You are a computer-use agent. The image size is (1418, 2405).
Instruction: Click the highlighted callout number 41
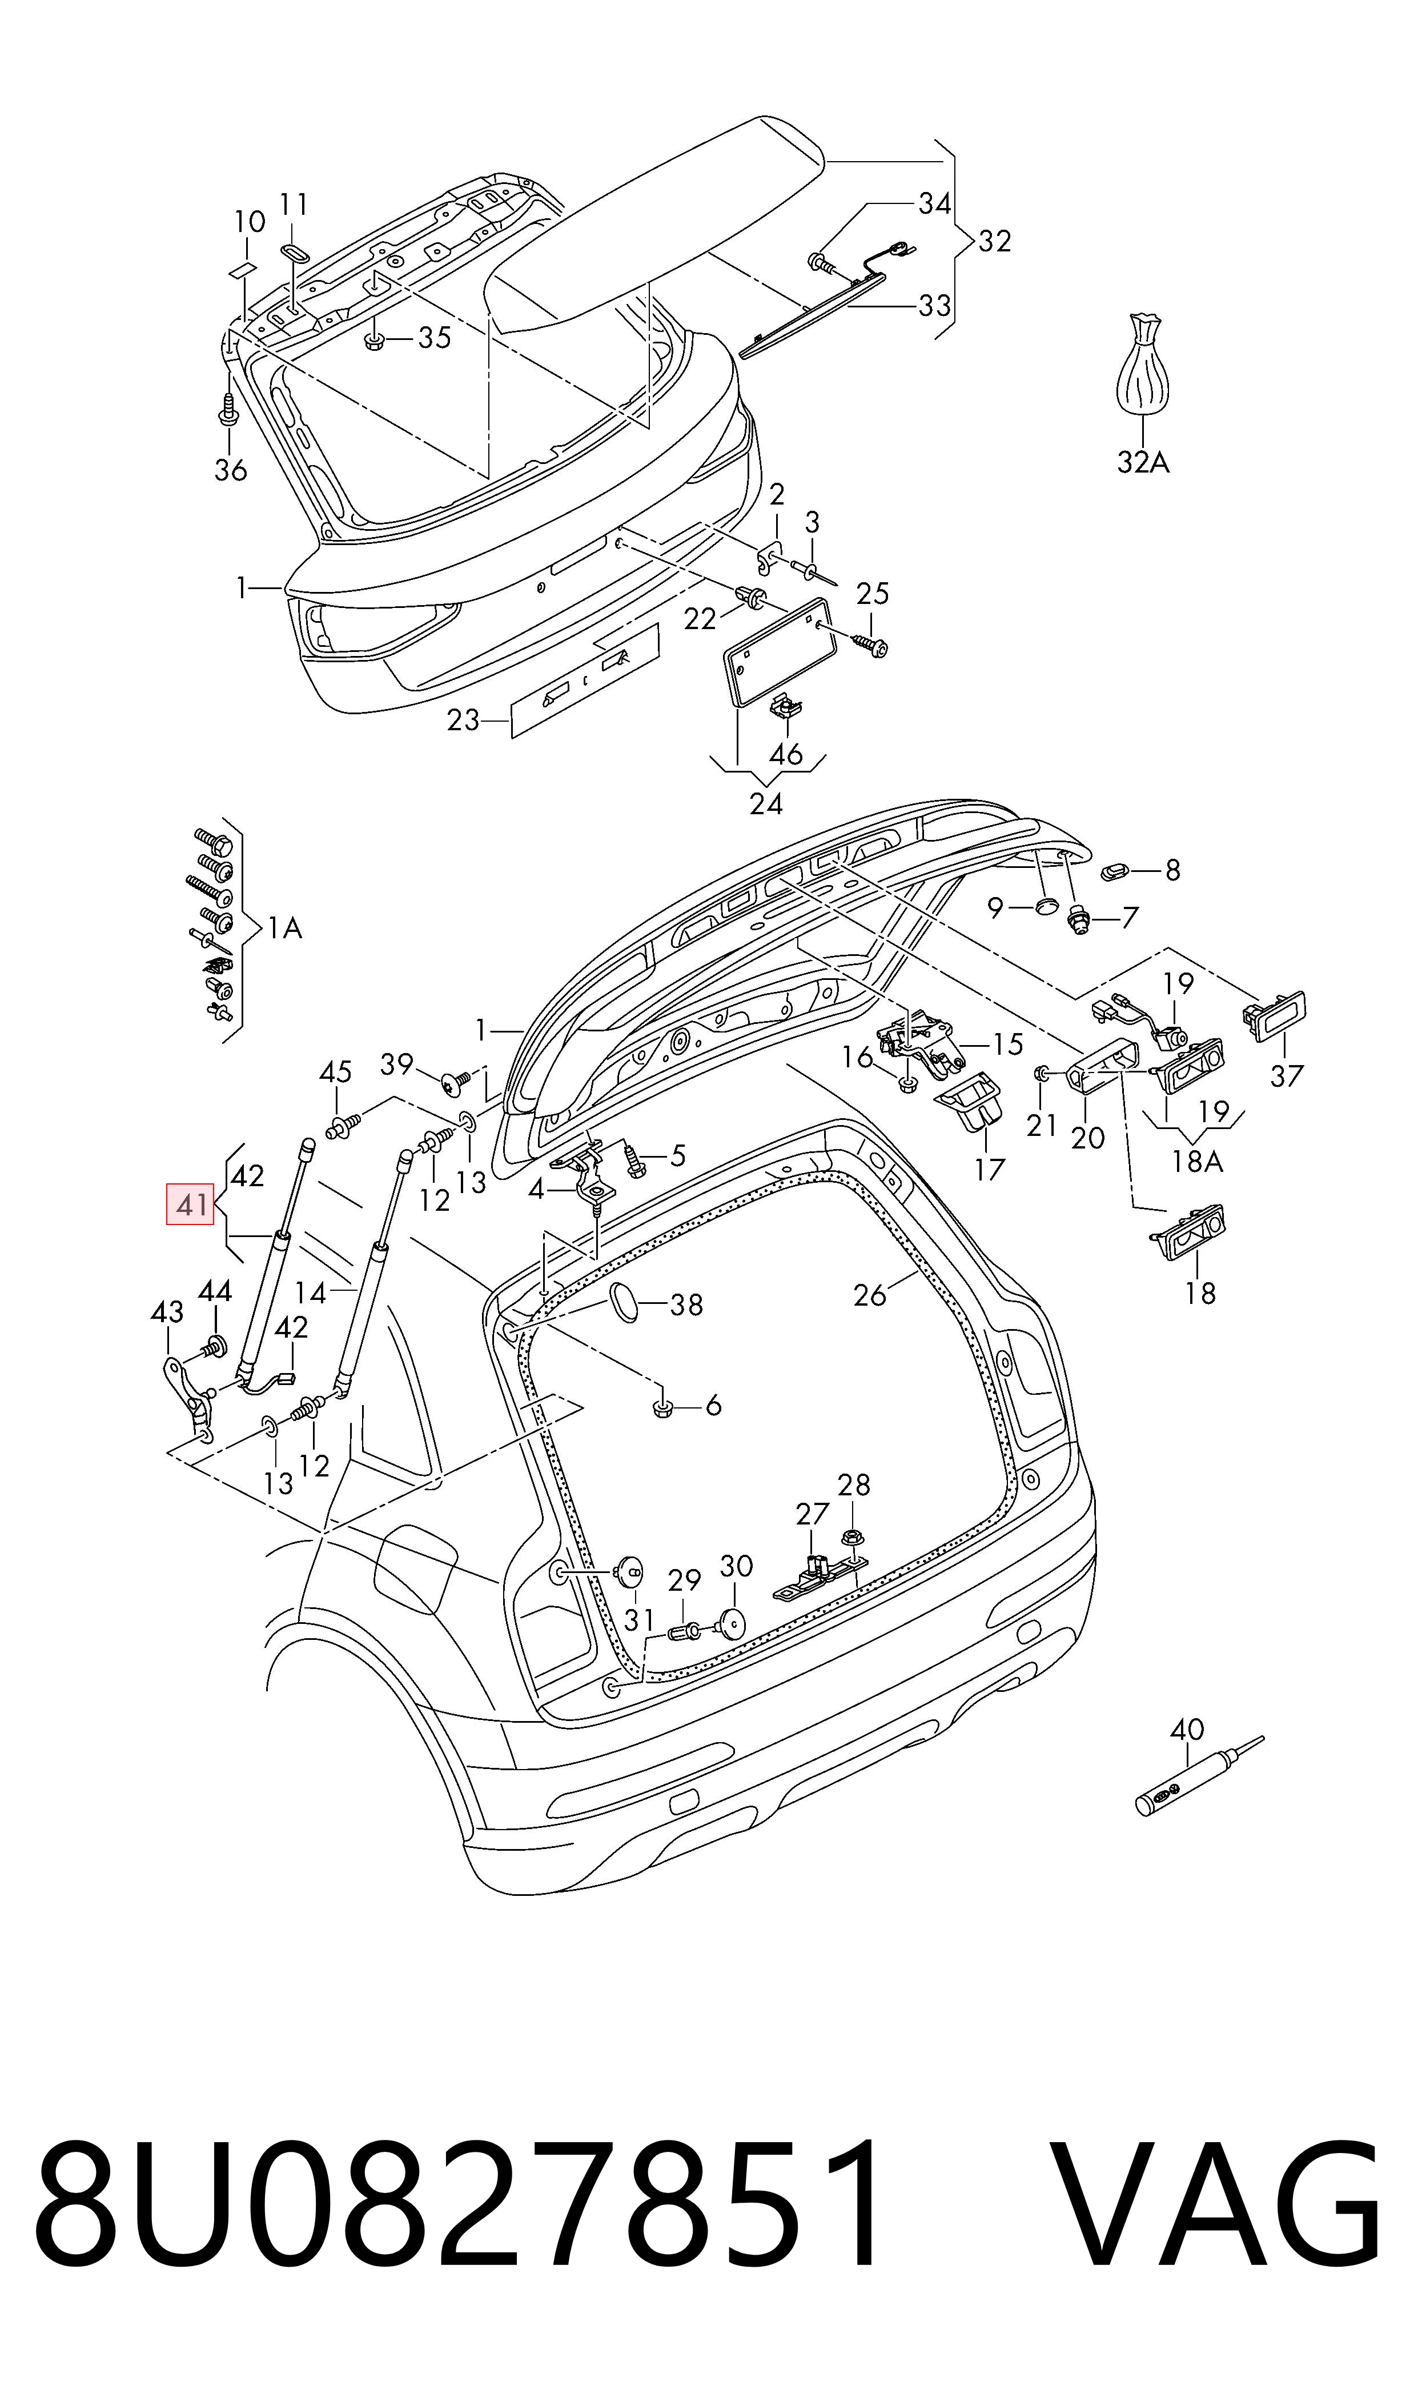click(x=192, y=1204)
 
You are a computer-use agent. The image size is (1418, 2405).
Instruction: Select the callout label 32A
click(x=1143, y=463)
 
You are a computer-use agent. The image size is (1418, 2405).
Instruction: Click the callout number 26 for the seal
click(x=870, y=1295)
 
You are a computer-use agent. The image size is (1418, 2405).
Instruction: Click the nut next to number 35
click(x=375, y=338)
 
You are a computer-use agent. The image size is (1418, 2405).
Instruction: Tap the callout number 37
click(x=1286, y=1075)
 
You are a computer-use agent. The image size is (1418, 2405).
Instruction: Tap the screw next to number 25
click(x=870, y=645)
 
